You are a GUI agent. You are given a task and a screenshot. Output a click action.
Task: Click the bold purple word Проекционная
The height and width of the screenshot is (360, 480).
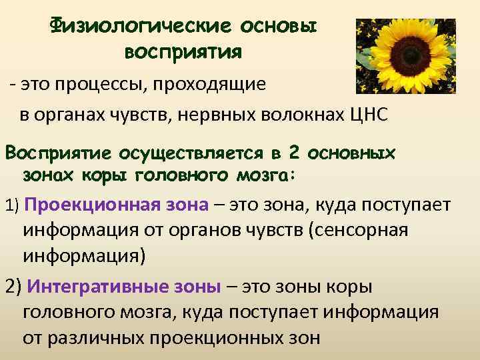click(87, 204)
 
